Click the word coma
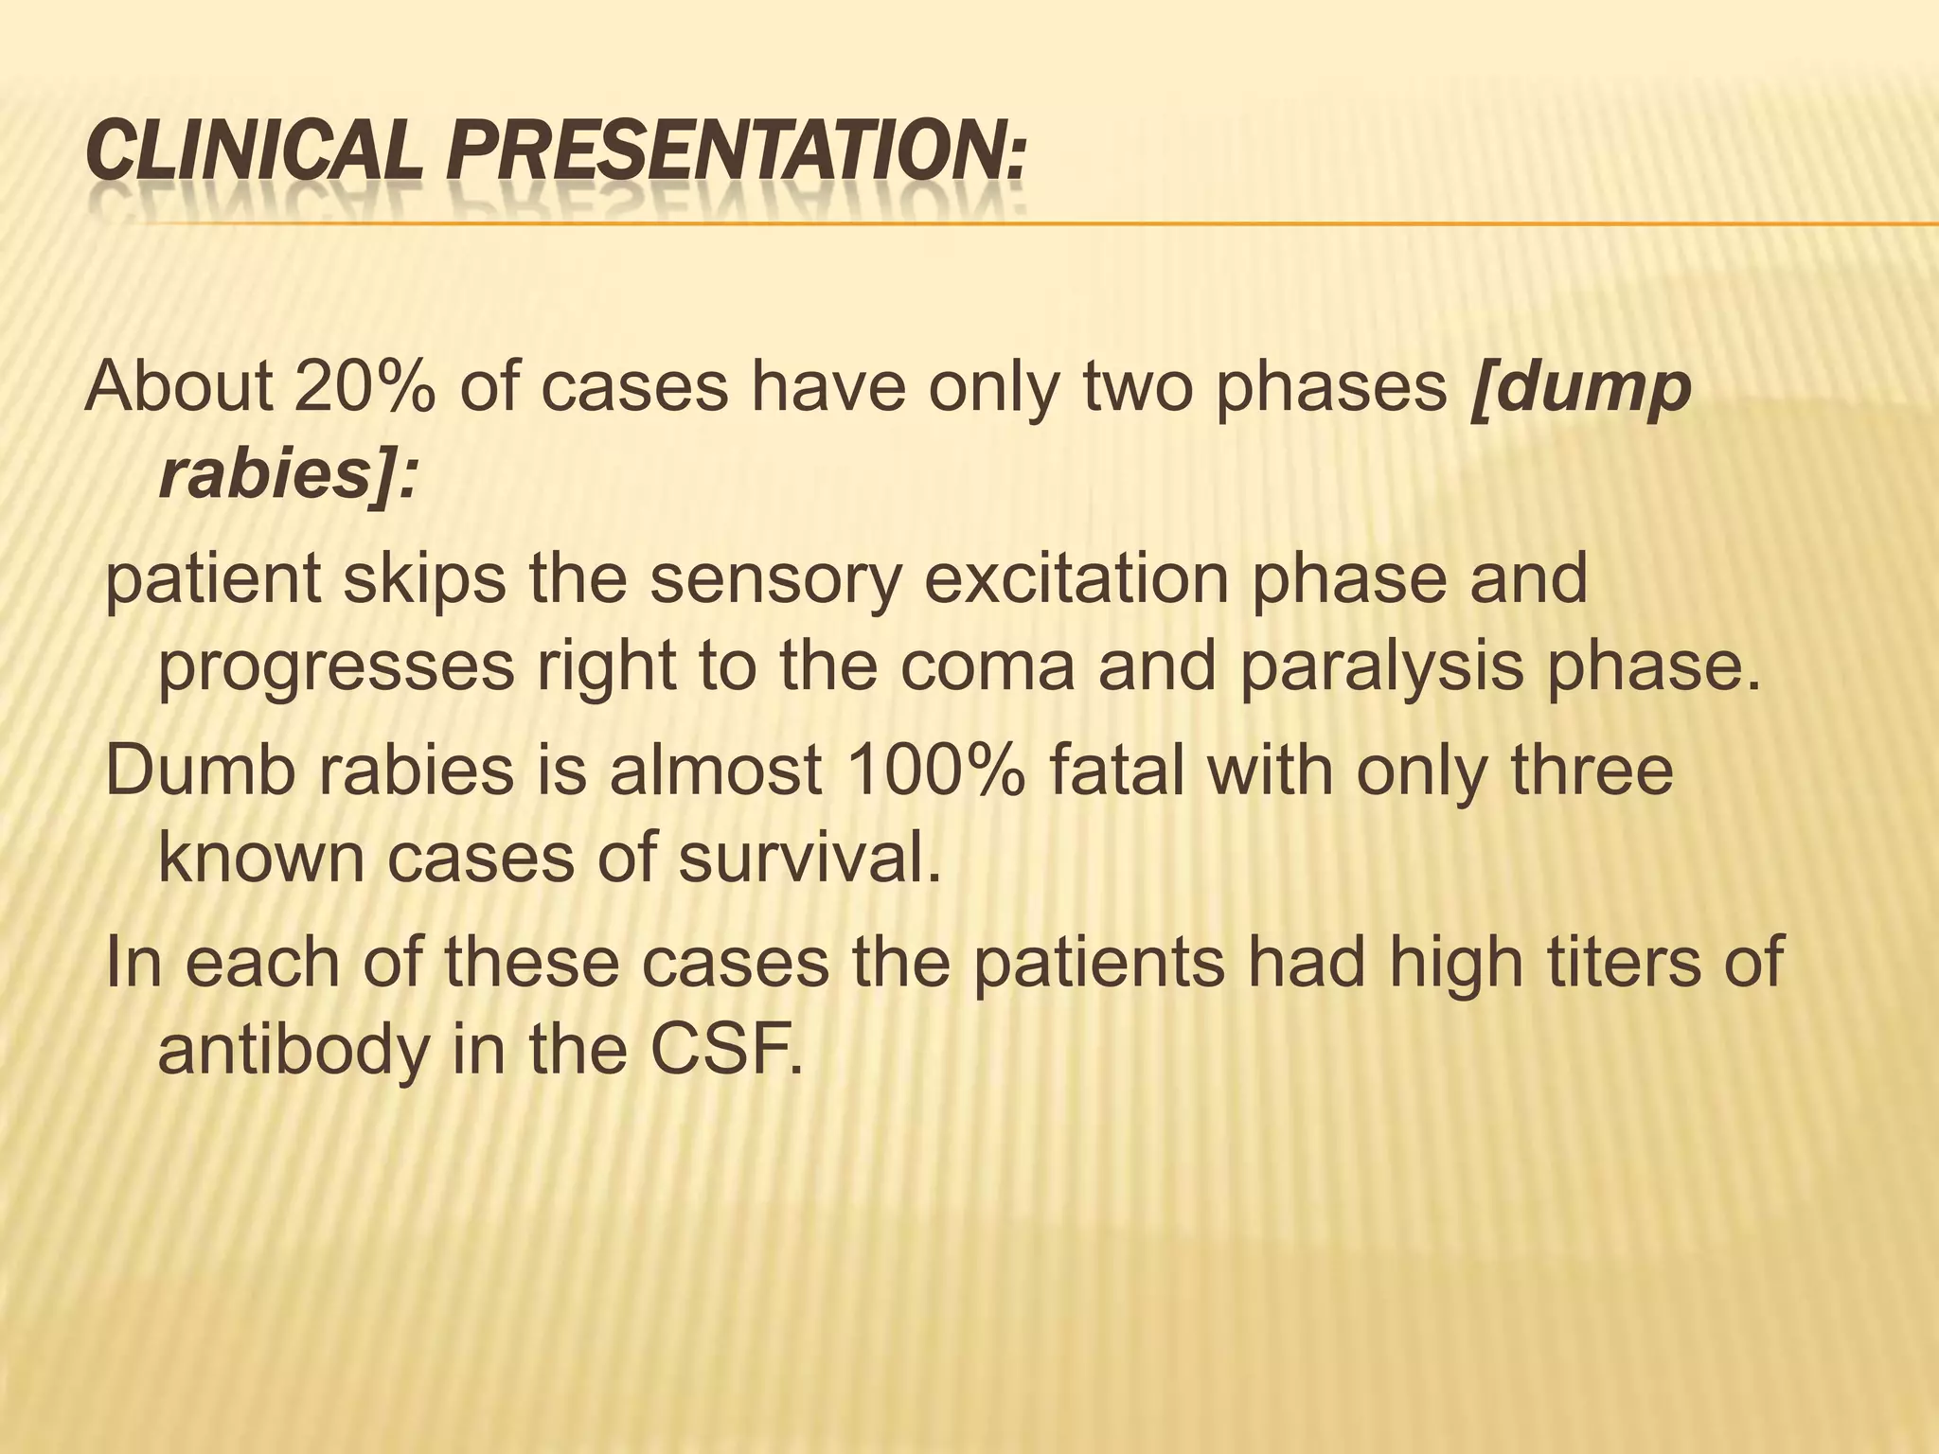pyautogui.click(x=986, y=668)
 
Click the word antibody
pyautogui.click(x=293, y=1051)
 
